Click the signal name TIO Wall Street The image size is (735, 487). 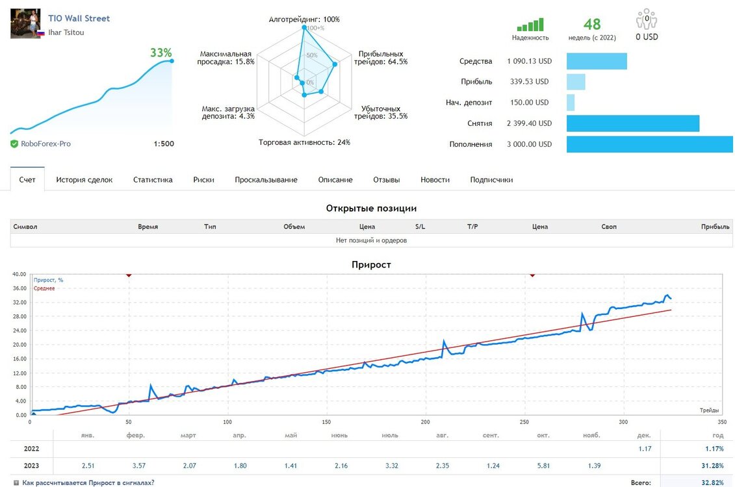[x=79, y=18]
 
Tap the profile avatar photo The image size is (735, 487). [x=25, y=23]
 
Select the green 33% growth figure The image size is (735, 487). [x=161, y=53]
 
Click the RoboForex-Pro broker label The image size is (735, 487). [x=45, y=144]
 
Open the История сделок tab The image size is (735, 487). [x=84, y=180]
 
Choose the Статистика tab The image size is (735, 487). [x=153, y=180]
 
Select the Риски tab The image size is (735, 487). [x=203, y=180]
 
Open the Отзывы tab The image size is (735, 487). [x=387, y=180]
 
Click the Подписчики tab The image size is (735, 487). [x=491, y=180]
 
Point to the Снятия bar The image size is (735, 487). [x=633, y=123]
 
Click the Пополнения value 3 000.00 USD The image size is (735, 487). [x=529, y=144]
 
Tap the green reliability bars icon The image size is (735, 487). [x=530, y=25]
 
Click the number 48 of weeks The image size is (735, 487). [x=592, y=24]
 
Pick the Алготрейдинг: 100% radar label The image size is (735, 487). [x=304, y=19]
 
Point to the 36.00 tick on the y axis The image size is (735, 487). [x=19, y=288]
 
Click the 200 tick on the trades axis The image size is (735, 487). [x=425, y=422]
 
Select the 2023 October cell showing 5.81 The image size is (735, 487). [x=543, y=466]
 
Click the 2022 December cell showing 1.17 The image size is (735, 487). [x=645, y=449]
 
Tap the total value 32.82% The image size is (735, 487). [x=712, y=483]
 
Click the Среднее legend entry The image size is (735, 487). [x=44, y=288]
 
